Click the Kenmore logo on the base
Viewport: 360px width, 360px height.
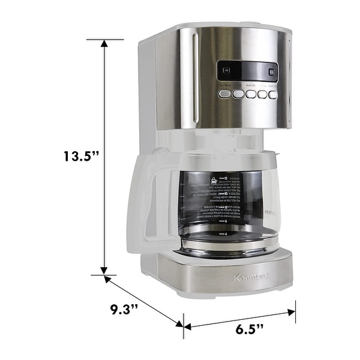(251, 277)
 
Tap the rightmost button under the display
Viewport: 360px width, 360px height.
(272, 94)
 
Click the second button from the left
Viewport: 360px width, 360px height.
(238, 94)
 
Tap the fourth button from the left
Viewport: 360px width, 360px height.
(262, 94)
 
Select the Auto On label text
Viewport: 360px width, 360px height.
(250, 86)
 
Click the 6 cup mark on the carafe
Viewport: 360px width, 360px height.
(220, 222)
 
